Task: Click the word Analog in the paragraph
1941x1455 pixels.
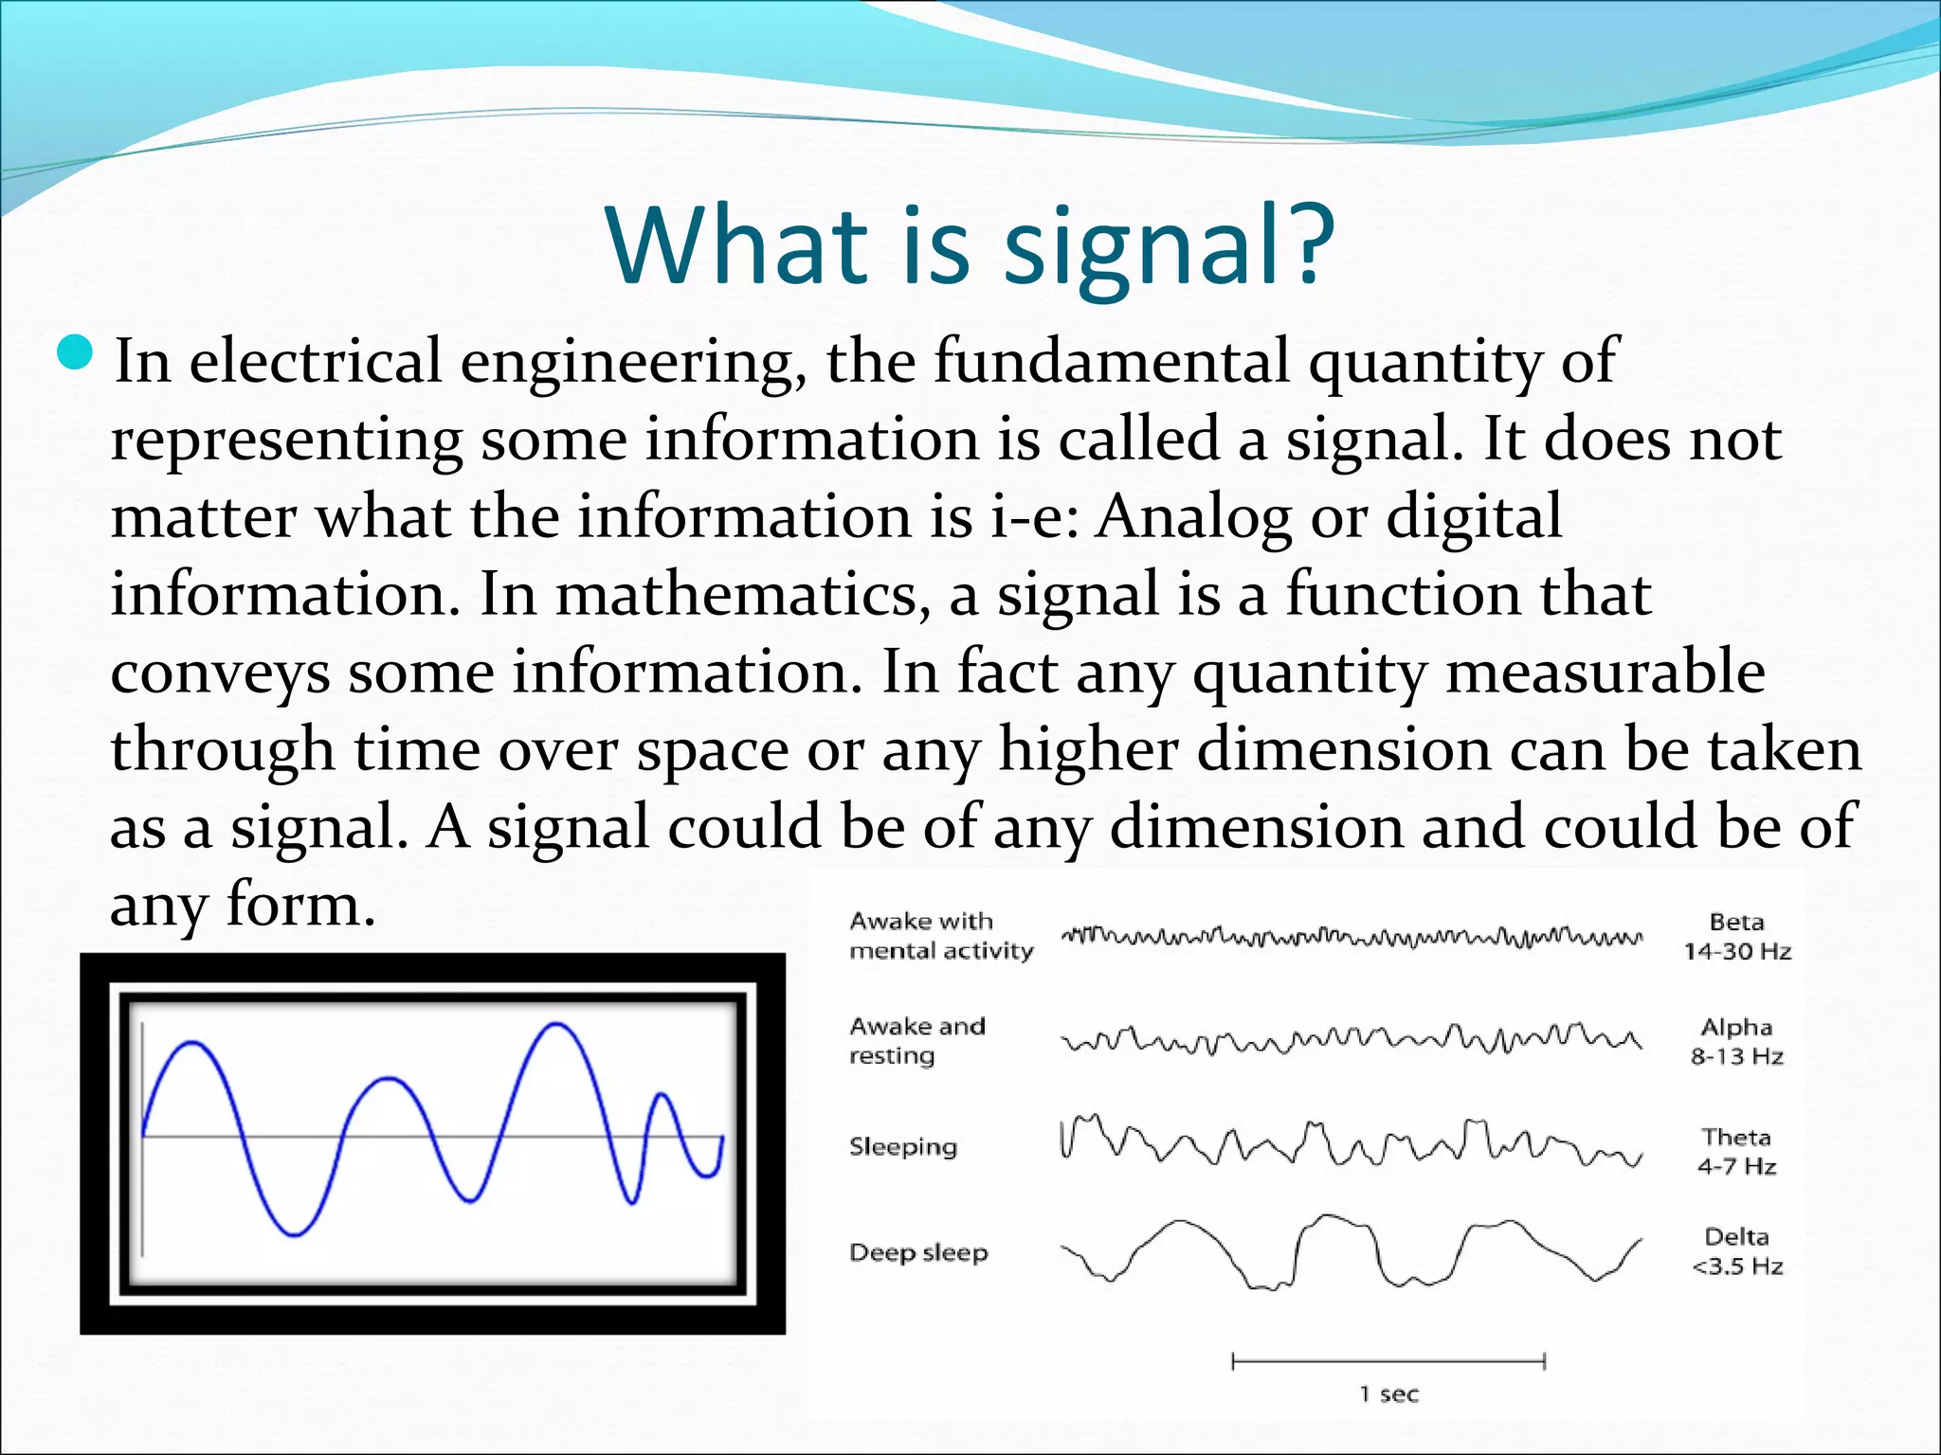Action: pos(1193,517)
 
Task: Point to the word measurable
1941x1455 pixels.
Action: pos(1605,673)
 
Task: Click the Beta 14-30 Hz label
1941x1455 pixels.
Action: pos(1736,936)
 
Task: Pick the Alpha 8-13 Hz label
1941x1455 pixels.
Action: pos(1736,1041)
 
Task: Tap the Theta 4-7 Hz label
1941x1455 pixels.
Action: pos(1736,1151)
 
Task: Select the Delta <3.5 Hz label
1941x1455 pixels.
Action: pos(1736,1250)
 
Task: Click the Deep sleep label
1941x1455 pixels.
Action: pos(917,1252)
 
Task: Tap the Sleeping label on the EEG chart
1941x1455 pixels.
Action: pos(902,1147)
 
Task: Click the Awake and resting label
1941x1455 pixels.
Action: pos(916,1040)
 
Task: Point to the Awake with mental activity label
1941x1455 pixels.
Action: pos(940,935)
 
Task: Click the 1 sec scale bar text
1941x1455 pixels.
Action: pos(1388,1393)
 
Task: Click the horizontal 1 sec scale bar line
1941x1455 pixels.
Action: pos(1388,1362)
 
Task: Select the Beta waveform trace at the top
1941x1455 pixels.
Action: pos(1350,938)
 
